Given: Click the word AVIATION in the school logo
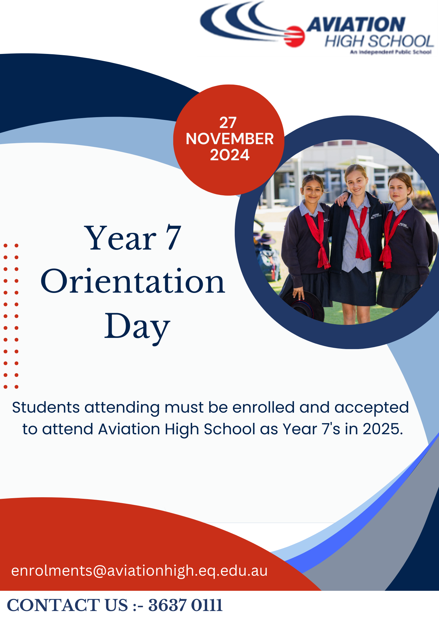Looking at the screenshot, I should (356, 24).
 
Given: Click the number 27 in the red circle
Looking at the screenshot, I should (228, 123).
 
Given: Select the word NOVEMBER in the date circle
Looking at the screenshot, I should (229, 139).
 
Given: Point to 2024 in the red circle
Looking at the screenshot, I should (229, 155).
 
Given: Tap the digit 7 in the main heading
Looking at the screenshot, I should (173, 238).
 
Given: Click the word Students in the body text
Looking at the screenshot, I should (46, 407).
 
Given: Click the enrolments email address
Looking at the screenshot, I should (139, 571).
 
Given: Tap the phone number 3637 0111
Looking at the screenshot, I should (185, 605).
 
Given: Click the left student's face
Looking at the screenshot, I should (313, 190).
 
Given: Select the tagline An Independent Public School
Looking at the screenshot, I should (391, 52).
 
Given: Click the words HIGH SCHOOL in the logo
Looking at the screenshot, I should (379, 42).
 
